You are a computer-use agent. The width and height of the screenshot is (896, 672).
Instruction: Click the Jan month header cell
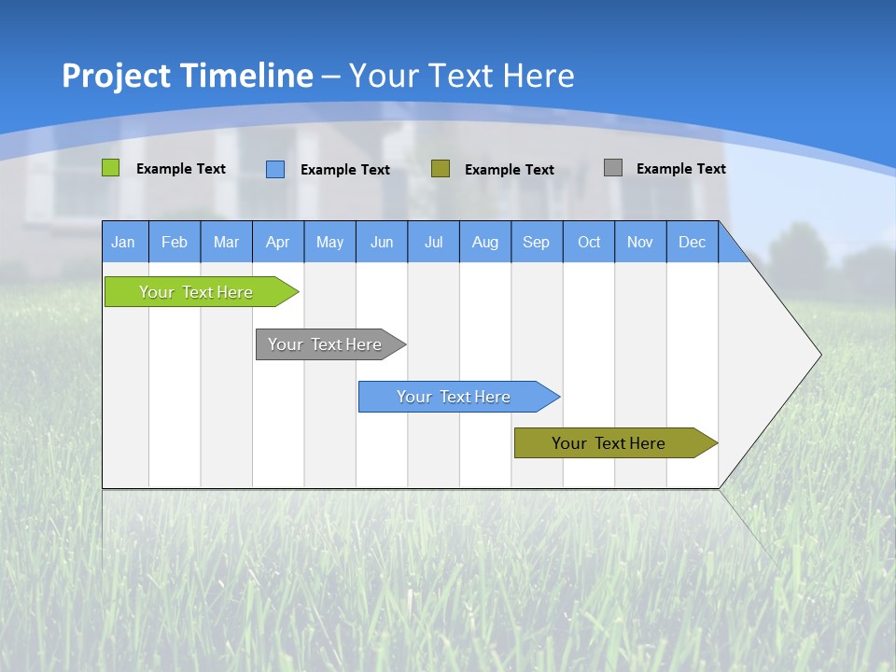[124, 242]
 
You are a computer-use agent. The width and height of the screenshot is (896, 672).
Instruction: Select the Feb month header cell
[175, 242]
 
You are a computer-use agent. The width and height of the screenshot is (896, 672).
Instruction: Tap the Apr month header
[278, 242]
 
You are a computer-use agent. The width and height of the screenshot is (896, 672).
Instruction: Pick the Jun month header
[382, 242]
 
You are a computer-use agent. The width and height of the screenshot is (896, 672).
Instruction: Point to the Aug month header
[485, 242]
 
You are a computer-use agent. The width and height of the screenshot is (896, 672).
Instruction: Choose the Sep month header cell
[537, 242]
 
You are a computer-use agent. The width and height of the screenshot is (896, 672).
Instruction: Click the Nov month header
[640, 242]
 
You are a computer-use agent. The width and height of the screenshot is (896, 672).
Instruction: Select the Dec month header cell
[693, 242]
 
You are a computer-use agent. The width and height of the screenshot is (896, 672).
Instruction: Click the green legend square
[111, 168]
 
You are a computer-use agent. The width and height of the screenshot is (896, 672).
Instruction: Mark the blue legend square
[275, 169]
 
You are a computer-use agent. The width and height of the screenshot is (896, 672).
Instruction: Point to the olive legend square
[441, 168]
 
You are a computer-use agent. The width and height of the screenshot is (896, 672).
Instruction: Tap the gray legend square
[613, 168]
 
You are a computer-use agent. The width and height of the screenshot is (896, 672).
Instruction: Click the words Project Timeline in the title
[188, 76]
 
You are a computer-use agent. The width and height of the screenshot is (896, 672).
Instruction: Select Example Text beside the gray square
[681, 169]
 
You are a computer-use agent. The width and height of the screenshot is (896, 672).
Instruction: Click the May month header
[329, 242]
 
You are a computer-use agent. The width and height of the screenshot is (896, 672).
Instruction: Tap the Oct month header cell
[589, 242]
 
